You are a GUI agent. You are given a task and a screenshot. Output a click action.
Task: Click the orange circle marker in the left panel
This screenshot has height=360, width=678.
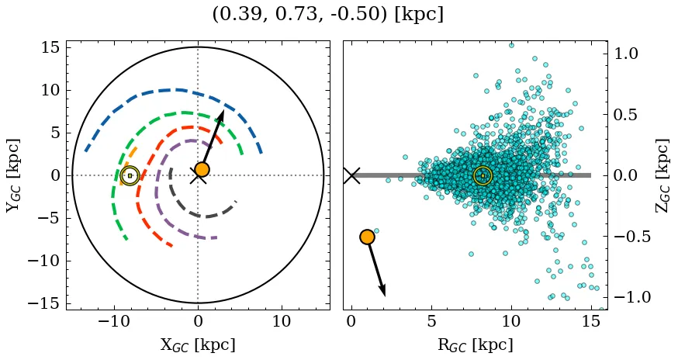coord(202,169)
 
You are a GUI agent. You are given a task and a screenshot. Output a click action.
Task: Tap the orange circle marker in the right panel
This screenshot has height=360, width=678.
coord(367,237)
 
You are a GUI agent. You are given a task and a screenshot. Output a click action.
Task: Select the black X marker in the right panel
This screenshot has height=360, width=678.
coord(351,175)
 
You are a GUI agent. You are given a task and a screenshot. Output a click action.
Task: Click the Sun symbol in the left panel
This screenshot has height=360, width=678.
coord(130,175)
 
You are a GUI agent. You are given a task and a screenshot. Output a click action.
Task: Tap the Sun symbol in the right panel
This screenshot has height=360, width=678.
coord(483,176)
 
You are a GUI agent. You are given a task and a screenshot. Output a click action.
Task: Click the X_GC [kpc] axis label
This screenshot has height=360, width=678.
coord(198,344)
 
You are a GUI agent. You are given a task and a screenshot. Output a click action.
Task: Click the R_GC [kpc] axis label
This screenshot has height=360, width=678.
coord(475,344)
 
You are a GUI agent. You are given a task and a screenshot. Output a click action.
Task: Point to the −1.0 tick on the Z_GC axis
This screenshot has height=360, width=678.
coord(631,297)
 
